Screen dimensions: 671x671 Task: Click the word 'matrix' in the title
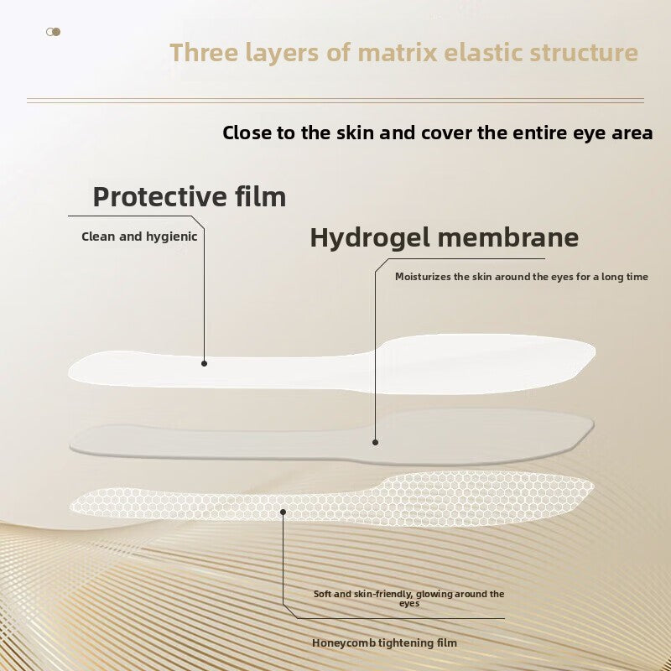[397, 53]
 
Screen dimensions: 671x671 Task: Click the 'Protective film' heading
[190, 197]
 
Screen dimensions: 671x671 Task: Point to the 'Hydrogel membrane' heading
[444, 237]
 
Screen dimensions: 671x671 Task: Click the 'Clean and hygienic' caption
[139, 237]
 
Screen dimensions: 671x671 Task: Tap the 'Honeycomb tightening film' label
[384, 643]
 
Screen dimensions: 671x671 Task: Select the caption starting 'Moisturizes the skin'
[521, 277]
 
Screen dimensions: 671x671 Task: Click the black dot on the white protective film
[204, 363]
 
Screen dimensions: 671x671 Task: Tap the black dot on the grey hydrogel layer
[375, 442]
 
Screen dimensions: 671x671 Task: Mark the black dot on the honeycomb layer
[283, 510]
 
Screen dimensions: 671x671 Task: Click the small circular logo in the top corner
[54, 32]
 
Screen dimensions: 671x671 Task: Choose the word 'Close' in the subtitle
[249, 133]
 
